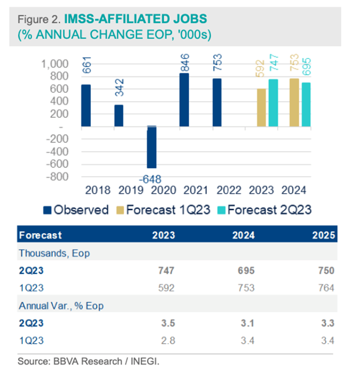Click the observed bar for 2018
pos(86,105)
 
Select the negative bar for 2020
pos(152,147)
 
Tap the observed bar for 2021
pos(185,100)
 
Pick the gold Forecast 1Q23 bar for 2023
pos(261,107)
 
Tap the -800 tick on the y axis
pos(58,177)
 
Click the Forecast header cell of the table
pos(41,235)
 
